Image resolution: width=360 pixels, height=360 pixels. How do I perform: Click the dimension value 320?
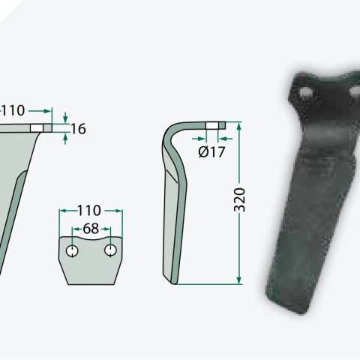pyautogui.click(x=240, y=199)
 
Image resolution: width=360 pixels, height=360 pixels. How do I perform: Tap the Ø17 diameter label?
pyautogui.click(x=211, y=151)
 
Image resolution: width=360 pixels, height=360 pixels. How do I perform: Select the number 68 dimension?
pyautogui.click(x=91, y=229)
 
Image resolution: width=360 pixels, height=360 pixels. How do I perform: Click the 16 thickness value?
pyautogui.click(x=79, y=129)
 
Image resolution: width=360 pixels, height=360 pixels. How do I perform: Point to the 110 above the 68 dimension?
pyautogui.click(x=89, y=210)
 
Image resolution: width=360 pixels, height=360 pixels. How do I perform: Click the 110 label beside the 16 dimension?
pyautogui.click(x=13, y=110)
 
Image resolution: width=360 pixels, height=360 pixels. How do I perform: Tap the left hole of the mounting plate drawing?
pyautogui.click(x=72, y=250)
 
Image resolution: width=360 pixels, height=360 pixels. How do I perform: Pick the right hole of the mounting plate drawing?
pyautogui.click(x=110, y=250)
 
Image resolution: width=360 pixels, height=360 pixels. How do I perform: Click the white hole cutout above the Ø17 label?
pyautogui.click(x=212, y=125)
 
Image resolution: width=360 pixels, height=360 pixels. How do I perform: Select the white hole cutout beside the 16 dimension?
pyautogui.click(x=37, y=128)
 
